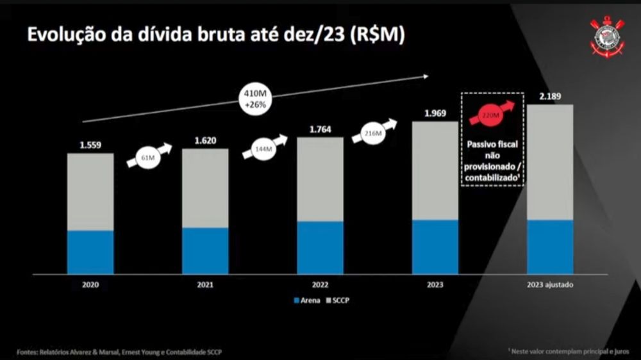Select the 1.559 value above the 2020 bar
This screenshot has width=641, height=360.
pyautogui.click(x=90, y=145)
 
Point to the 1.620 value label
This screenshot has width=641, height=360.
pyautogui.click(x=205, y=140)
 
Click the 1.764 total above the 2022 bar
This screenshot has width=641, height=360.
pyautogui.click(x=320, y=130)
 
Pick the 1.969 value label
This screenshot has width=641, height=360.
pyautogui.click(x=435, y=114)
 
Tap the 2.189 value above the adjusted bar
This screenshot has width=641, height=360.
pyautogui.click(x=550, y=97)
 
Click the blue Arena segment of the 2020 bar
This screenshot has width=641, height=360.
pyautogui.click(x=90, y=252)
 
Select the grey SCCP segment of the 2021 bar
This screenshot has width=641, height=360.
pyautogui.click(x=205, y=188)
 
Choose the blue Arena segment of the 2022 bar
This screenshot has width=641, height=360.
pyautogui.click(x=320, y=247)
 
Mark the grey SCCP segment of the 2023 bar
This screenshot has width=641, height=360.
pyautogui.click(x=435, y=170)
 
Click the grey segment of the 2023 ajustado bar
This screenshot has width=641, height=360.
pyautogui.click(x=550, y=162)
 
